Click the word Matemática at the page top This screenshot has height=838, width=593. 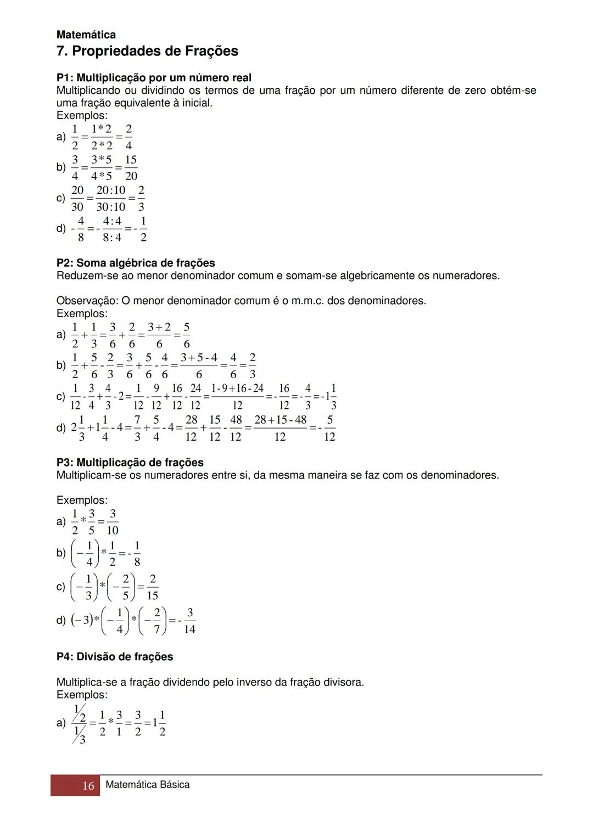(x=86, y=35)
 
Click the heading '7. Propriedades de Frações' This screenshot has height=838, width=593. (x=147, y=52)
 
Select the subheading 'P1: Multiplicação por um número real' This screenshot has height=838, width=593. (x=154, y=78)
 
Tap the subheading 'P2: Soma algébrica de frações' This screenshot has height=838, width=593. (x=136, y=263)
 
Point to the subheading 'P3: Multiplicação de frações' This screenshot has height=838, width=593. (x=130, y=463)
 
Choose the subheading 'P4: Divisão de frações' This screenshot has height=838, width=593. (x=115, y=657)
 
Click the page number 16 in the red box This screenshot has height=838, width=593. (x=88, y=786)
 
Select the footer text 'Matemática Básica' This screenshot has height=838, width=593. (x=147, y=785)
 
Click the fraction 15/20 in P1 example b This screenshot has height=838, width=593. (x=131, y=168)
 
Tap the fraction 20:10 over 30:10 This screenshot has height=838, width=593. (x=111, y=199)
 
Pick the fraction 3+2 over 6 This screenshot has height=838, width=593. (x=159, y=336)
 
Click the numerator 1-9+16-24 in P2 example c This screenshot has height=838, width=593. (x=237, y=389)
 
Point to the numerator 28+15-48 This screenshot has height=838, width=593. (x=280, y=420)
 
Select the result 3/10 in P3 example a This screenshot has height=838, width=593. (x=113, y=522)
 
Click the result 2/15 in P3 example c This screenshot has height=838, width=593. (x=152, y=587)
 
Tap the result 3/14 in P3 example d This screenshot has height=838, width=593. (x=189, y=621)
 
